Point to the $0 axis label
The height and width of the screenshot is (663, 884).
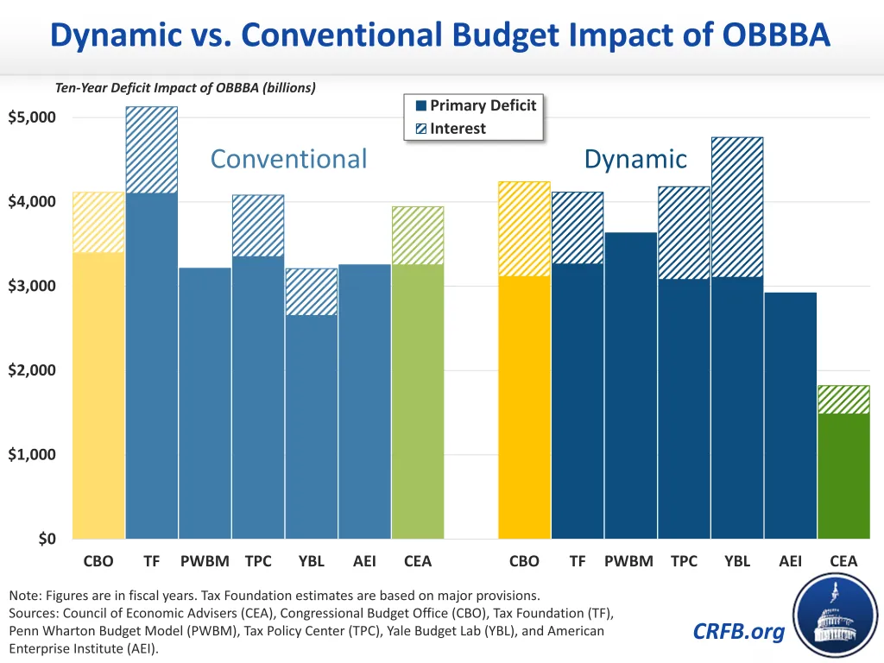point(47,540)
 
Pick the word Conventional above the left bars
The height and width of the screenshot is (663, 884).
point(288,159)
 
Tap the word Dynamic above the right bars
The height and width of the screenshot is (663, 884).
point(635,159)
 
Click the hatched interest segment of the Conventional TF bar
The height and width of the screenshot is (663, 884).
point(152,149)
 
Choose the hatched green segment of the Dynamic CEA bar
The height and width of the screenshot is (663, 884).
point(843,400)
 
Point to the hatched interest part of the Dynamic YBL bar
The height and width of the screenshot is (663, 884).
point(737,207)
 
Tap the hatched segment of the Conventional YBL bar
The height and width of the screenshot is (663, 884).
point(312,292)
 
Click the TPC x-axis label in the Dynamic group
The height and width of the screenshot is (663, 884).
point(684,561)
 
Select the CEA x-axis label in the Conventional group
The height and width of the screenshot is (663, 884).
point(418,561)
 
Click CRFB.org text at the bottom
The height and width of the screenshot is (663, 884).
point(739,632)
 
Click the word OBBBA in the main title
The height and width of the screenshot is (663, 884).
point(775,35)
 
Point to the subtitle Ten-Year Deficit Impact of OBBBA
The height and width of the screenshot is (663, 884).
point(186,87)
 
